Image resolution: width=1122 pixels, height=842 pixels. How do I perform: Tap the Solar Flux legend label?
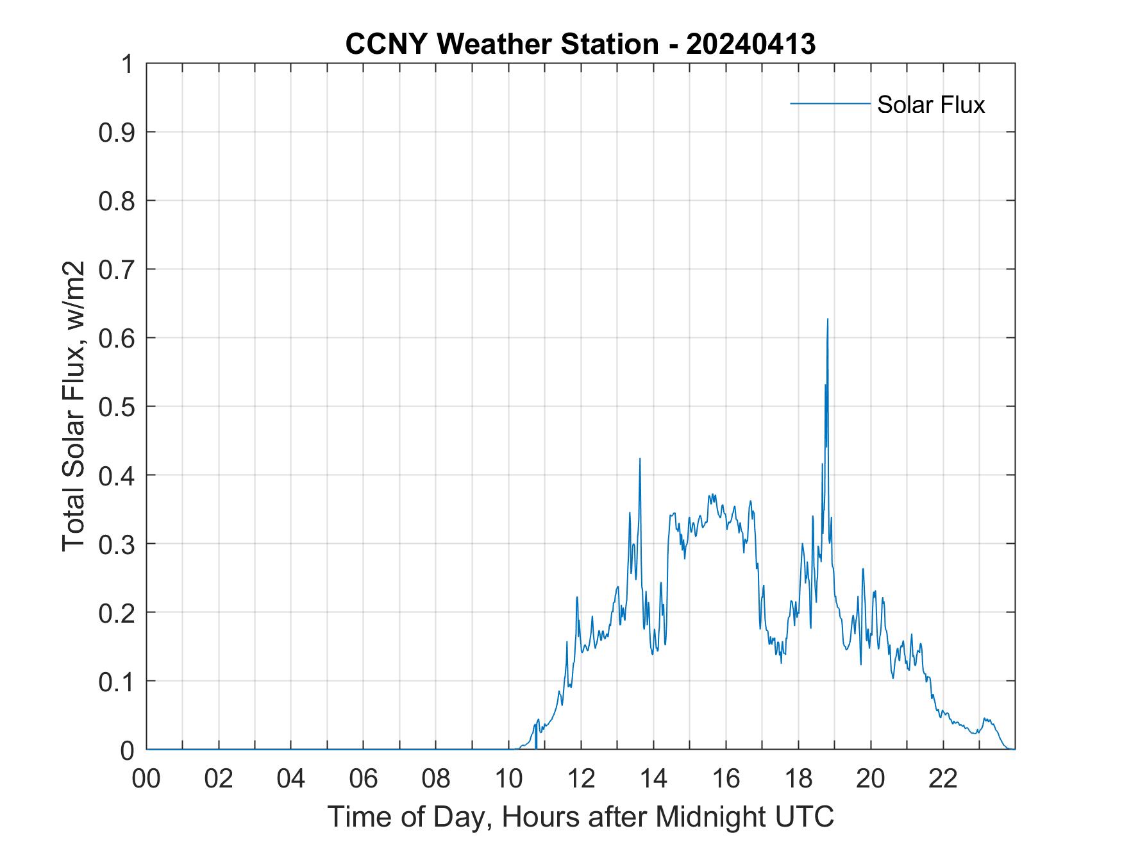coord(930,105)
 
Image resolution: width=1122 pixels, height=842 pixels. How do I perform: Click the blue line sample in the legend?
coord(830,103)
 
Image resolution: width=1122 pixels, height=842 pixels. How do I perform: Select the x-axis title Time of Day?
coord(580,816)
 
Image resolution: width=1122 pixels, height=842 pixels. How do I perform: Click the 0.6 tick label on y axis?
coord(119,338)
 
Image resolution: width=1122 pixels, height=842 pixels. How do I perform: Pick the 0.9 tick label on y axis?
coord(119,132)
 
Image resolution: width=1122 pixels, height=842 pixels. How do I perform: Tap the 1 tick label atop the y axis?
coord(127,64)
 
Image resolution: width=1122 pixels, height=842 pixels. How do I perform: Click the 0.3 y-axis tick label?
coord(119,544)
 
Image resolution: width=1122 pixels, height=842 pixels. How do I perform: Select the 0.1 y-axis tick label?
coord(119,681)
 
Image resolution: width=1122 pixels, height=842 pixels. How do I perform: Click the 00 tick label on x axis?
coord(146,779)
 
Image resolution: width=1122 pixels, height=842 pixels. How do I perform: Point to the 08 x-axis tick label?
coord(436,779)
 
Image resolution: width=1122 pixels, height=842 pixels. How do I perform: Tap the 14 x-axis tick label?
coord(653,779)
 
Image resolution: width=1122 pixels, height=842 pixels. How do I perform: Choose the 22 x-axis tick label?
coord(943,779)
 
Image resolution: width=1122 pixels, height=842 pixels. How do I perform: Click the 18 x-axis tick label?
coord(798,779)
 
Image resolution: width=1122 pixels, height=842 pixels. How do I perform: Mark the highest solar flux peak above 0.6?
coord(828,319)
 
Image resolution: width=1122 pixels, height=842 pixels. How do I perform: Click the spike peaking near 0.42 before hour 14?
coord(640,459)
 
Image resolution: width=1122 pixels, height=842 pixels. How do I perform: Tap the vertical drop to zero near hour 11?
coord(536,737)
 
